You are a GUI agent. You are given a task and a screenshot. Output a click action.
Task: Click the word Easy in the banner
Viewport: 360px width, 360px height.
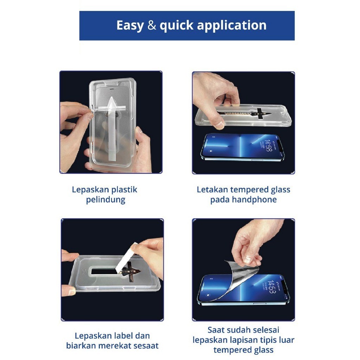click(130, 25)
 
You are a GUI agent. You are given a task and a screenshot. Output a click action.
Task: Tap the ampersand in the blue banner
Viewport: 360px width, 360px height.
click(152, 25)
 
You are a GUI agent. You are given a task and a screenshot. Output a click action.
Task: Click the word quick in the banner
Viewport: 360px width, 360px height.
click(176, 25)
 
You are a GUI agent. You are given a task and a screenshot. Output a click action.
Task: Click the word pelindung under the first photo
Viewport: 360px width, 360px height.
click(105, 200)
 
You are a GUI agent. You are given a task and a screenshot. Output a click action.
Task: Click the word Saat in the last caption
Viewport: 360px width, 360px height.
click(216, 330)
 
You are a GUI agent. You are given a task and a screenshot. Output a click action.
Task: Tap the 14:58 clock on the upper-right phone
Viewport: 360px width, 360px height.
click(268, 145)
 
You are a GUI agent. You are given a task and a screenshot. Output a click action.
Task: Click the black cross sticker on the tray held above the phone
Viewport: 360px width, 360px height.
click(260, 114)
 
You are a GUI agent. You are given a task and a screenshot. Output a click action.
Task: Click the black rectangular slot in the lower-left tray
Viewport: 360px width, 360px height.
click(105, 271)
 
